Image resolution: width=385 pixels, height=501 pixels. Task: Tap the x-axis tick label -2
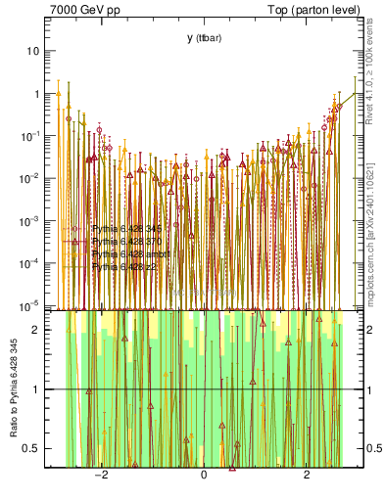pos(100,476)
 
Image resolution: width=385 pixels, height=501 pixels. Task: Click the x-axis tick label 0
pos(203,476)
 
